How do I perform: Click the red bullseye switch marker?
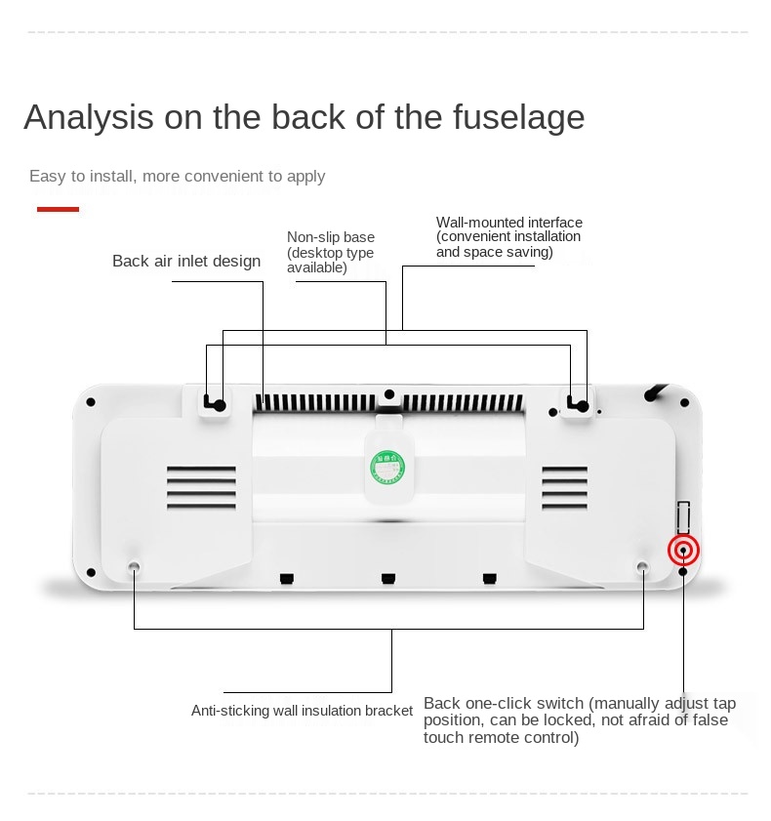683,551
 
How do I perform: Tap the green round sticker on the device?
387,466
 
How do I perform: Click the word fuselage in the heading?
518,117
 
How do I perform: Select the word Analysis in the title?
89,117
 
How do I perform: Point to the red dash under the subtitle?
58,210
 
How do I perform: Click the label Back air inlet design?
186,261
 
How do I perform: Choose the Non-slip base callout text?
331,253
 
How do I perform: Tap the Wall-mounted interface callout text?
509,237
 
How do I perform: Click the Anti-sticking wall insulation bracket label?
302,711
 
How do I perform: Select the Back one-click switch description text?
580,719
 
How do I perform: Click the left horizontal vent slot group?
201,487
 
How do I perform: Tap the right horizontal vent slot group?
564,487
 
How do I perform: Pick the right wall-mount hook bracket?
578,404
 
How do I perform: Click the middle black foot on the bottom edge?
388,578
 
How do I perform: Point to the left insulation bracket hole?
134,566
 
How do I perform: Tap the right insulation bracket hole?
643,566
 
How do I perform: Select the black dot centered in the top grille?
388,394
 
